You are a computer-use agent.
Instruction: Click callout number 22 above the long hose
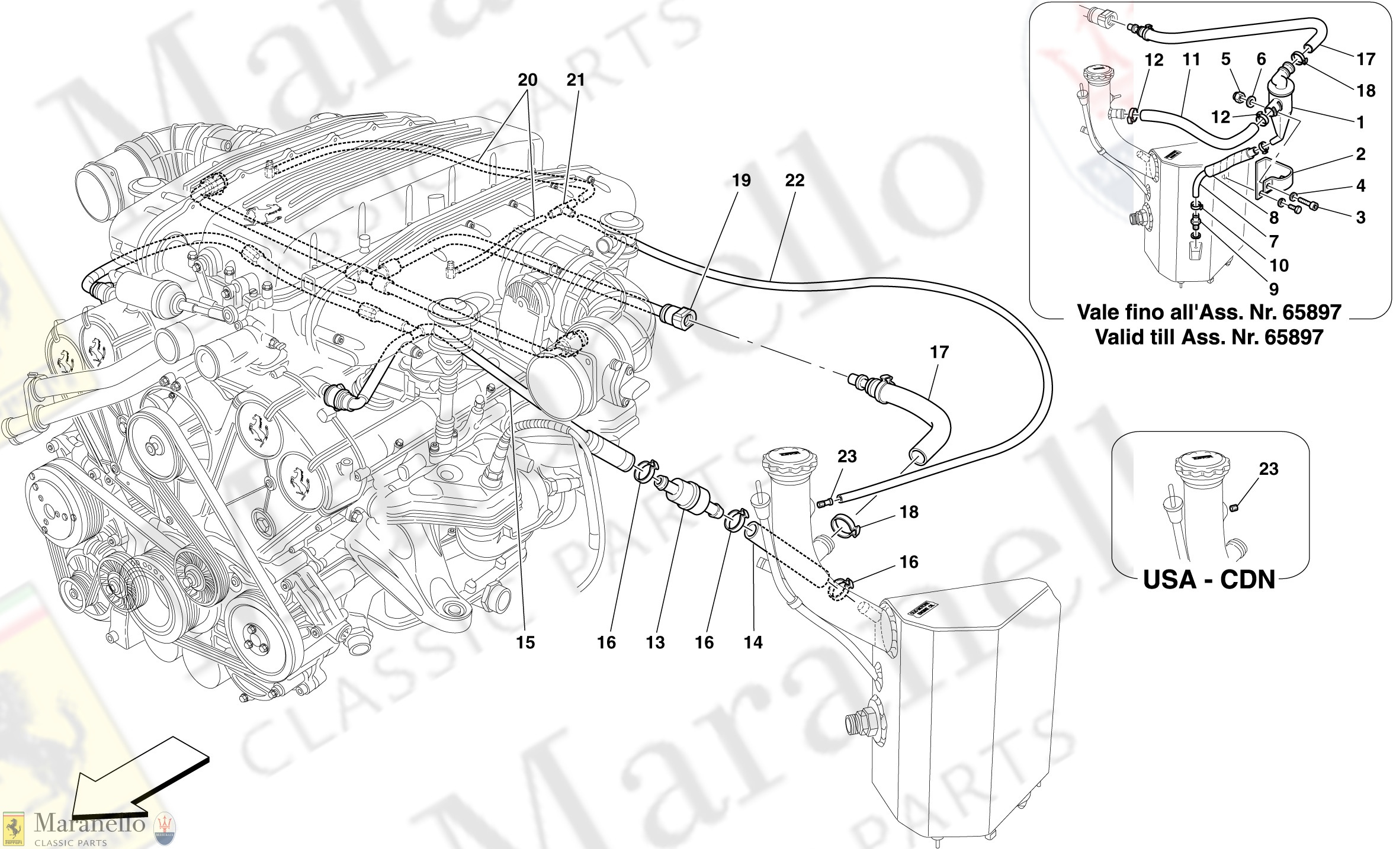click(x=794, y=181)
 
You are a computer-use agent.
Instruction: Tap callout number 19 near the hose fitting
click(x=741, y=181)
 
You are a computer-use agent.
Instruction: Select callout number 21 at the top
click(x=575, y=80)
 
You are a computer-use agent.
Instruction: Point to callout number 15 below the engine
click(x=525, y=642)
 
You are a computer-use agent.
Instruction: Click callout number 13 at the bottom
click(x=655, y=642)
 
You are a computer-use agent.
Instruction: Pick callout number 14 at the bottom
click(x=753, y=642)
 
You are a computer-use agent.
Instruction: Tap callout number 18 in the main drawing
click(x=909, y=512)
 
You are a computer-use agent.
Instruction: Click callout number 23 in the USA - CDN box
click(x=1269, y=469)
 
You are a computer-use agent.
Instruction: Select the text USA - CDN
click(x=1209, y=580)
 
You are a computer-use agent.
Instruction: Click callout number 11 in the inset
click(x=1191, y=59)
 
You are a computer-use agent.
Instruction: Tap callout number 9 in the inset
click(x=1273, y=289)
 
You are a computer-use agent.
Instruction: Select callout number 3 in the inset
click(x=1360, y=217)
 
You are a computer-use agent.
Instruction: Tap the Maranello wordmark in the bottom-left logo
click(x=89, y=824)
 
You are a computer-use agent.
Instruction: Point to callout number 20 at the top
click(x=527, y=80)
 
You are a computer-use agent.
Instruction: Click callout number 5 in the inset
click(x=1225, y=59)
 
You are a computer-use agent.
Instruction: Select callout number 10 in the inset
click(x=1279, y=265)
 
